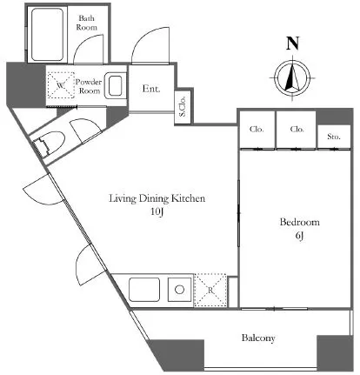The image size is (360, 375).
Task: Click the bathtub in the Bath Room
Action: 47,35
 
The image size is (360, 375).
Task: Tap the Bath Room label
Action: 86,23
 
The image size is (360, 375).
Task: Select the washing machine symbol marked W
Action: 61,85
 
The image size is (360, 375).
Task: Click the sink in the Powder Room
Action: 115,86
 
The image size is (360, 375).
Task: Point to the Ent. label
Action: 151,89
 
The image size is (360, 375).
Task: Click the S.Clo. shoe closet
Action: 183,106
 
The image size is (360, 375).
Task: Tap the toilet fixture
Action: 50,144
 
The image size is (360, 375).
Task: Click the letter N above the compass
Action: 292,44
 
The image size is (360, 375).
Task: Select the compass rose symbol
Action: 292,78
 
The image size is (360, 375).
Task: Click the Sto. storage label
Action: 334,137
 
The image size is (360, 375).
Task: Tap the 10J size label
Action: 157,212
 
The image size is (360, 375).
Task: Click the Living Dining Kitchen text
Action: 157,198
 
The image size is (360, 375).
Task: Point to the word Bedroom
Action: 300,222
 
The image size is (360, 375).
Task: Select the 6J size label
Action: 299,236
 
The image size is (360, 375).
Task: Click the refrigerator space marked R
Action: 210,290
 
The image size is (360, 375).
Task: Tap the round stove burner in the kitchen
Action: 180,290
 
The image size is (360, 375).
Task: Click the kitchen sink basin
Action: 144,290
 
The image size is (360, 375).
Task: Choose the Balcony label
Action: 258,338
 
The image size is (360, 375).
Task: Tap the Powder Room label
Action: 89,86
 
